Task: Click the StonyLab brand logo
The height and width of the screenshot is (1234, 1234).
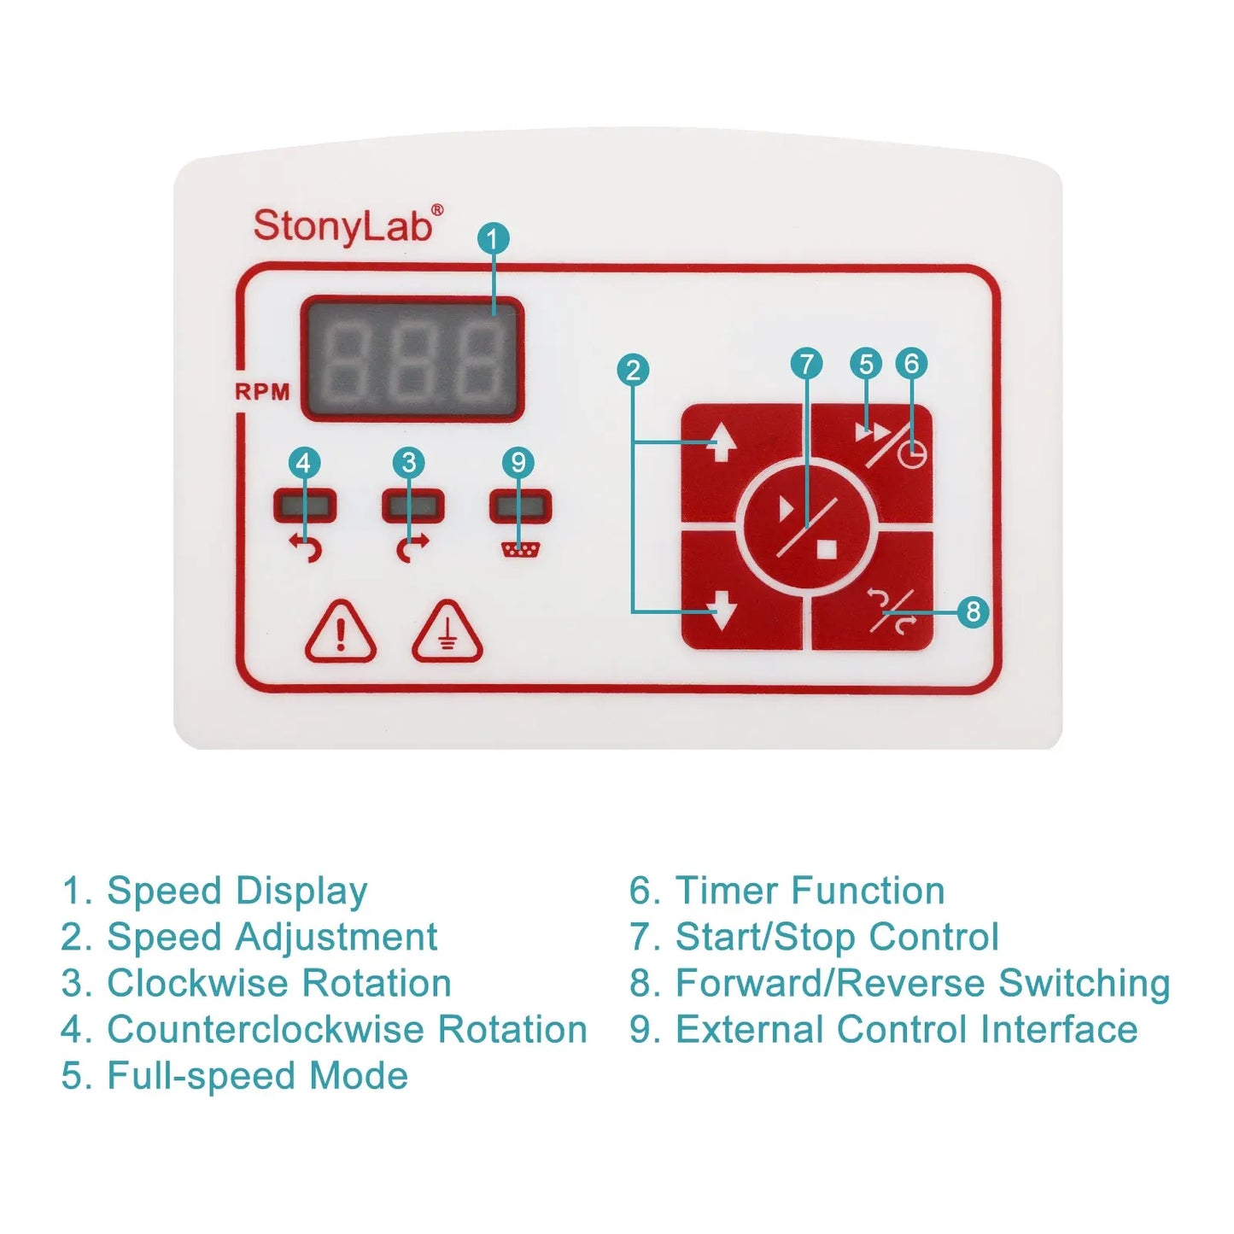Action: pos(348,225)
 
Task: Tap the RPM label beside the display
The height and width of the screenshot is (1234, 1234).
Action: pos(262,392)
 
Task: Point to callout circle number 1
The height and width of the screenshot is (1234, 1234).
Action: pos(493,238)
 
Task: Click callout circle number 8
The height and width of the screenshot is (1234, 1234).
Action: pos(973,611)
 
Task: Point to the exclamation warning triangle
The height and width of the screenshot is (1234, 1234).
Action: pos(340,633)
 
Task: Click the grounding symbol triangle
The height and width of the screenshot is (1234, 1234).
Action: pos(447,633)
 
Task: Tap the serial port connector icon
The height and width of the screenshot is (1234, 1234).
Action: pos(520,549)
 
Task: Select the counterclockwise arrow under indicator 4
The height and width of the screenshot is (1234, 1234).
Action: pos(305,547)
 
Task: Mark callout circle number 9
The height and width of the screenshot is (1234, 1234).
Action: pos(518,462)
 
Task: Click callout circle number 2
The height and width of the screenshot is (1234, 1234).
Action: pos(633,370)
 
